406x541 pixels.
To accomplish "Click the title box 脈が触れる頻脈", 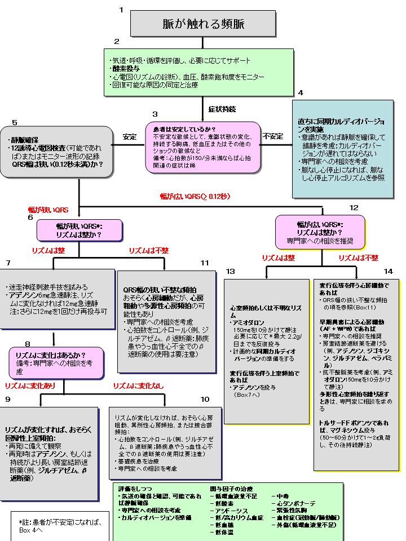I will coord(203,24).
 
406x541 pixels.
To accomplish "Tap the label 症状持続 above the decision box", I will coord(222,108).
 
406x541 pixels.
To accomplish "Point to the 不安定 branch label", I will coord(273,136).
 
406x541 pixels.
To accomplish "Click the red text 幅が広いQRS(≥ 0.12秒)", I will coord(195,197).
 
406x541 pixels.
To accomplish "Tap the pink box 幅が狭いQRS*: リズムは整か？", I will coord(80,230).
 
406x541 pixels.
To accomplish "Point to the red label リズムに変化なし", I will coord(138,385).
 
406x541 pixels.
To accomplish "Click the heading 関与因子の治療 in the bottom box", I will coord(231,488).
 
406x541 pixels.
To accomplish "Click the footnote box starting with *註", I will coord(59,526).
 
